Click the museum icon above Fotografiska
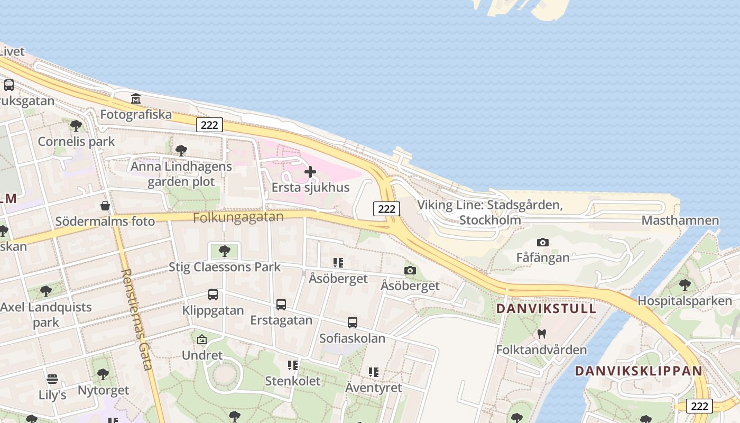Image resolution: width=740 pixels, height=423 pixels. click(x=136, y=99)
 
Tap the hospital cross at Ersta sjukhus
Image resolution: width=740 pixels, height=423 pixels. click(x=310, y=172)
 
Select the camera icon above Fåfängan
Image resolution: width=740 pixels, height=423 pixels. click(x=542, y=243)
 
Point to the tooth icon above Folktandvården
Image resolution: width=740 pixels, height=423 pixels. click(x=541, y=334)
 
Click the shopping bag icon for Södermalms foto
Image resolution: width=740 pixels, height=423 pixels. click(x=105, y=206)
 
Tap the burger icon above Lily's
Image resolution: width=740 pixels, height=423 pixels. click(x=52, y=379)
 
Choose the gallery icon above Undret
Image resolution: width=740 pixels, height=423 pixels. click(x=201, y=339)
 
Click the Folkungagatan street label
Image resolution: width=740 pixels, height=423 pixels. click(x=238, y=217)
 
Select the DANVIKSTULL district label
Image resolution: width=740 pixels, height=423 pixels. click(x=546, y=308)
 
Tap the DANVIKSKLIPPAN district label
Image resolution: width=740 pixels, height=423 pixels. click(x=639, y=371)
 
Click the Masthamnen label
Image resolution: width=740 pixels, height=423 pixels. click(x=680, y=220)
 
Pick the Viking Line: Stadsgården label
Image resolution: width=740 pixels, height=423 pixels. click(x=490, y=212)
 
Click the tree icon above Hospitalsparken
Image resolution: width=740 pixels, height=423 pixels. click(x=685, y=285)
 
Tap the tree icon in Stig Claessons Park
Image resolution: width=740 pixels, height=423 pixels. click(x=225, y=251)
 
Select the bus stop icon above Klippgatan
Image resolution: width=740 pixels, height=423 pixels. click(x=213, y=295)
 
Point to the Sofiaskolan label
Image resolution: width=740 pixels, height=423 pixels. click(x=352, y=338)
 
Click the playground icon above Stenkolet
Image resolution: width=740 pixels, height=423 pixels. click(x=292, y=365)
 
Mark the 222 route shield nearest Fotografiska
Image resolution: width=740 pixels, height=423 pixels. click(x=209, y=125)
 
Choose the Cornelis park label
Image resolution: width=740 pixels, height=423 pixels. click(x=76, y=142)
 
